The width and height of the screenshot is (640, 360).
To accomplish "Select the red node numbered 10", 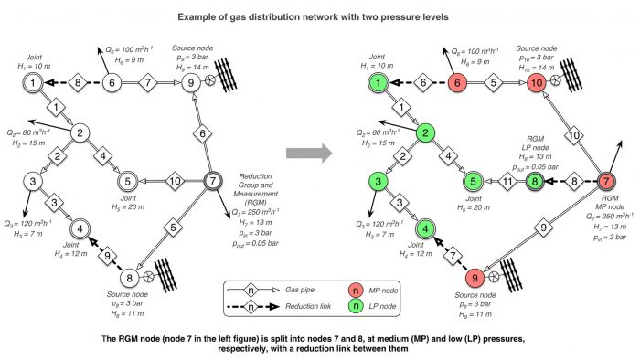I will pos(537,83).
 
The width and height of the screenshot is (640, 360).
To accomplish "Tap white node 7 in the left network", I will pos(212,180).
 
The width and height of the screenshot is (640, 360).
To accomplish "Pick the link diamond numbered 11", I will pos(504,182).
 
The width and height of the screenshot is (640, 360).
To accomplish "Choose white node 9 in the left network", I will pos(192,83).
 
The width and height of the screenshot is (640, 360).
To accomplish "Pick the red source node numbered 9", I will pos(474,277).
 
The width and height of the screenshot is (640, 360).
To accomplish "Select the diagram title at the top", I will pos(319,16).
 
